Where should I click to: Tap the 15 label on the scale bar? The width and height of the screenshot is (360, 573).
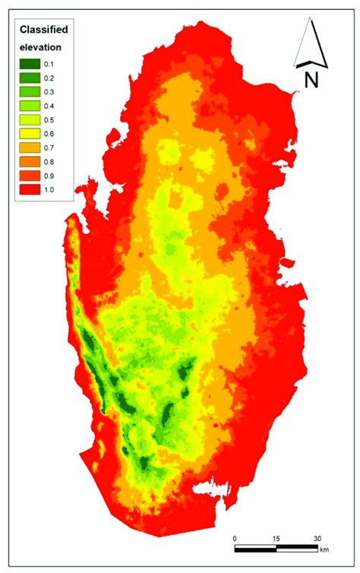tap(277, 537)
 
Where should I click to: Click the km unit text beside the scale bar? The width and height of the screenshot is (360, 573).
tap(325, 549)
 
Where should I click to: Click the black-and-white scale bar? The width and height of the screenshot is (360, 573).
tap(277, 547)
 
